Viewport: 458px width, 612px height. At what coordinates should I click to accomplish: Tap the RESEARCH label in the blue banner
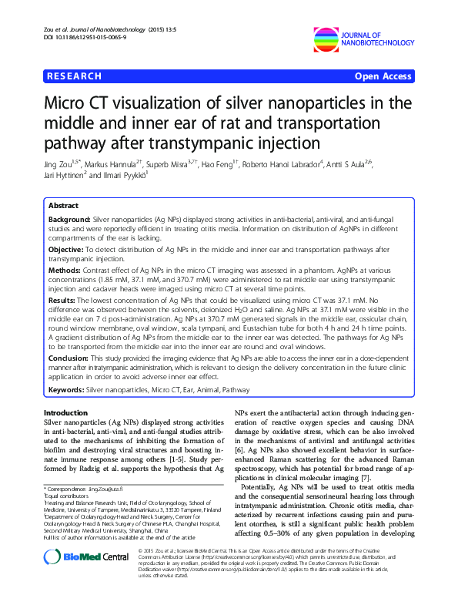point(75,76)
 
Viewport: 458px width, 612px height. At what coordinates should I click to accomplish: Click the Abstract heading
point(63,207)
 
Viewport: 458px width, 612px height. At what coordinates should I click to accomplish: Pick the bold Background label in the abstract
point(69,220)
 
